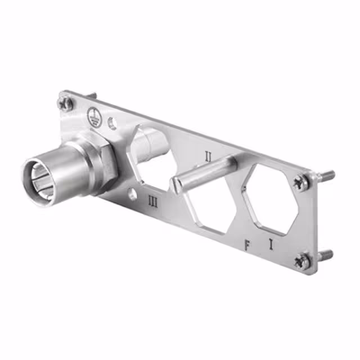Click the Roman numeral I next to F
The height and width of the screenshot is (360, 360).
(x=271, y=244)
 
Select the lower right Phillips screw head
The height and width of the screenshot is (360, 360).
(x=303, y=260)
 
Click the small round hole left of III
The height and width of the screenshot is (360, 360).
(x=132, y=195)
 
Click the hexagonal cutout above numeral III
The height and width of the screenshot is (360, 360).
(x=152, y=152)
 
